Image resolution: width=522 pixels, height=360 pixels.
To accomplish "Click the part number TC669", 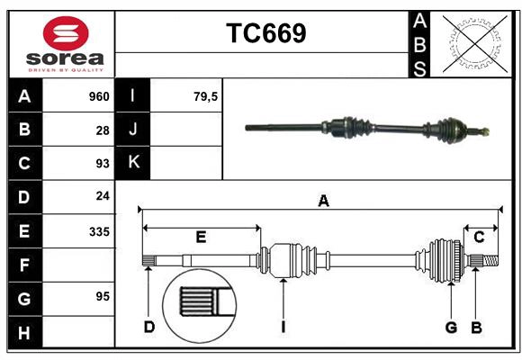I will coord(265,33).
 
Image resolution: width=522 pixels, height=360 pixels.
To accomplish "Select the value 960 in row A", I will coord(99,96).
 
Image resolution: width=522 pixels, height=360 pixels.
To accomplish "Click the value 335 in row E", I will coord(99,231).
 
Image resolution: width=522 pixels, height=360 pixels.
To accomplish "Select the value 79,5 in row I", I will coord(206,96).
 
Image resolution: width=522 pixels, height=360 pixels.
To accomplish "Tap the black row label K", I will coord(133,163).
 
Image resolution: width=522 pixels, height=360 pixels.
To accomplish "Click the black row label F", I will coord(24,265).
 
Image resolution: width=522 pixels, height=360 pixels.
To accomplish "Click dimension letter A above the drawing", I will coord(322,202).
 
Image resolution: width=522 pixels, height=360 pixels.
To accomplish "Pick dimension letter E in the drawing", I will coord(201,237).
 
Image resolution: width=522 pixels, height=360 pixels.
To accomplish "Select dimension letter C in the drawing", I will coord(479,237).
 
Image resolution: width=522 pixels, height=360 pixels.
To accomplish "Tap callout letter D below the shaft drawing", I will coord(148,327).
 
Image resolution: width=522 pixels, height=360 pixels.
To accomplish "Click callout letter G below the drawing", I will coord(451,327).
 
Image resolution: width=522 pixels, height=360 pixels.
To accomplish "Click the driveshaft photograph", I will coord(369,129).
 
